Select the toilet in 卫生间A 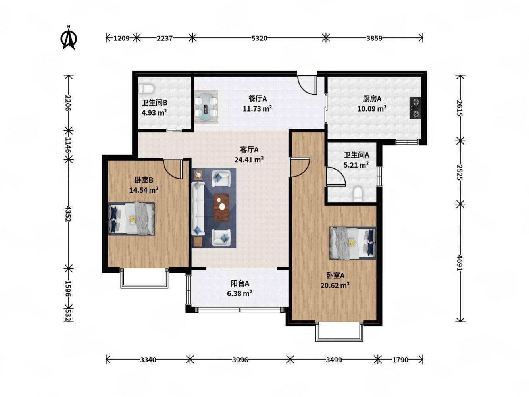click(x=358, y=194)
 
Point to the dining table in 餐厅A click(x=206, y=106)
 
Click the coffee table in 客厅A click(x=221, y=207)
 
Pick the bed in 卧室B click(x=131, y=219)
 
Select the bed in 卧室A click(x=352, y=243)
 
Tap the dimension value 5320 click(x=259, y=38)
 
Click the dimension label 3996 click(x=240, y=360)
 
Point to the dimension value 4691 click(x=460, y=263)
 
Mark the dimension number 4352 click(x=68, y=214)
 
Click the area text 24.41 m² click(x=249, y=160)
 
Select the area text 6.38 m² click(x=240, y=293)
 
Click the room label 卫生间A click(x=356, y=155)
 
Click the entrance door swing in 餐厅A click(x=306, y=85)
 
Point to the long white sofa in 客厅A click(x=198, y=208)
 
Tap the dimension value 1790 click(x=400, y=360)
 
